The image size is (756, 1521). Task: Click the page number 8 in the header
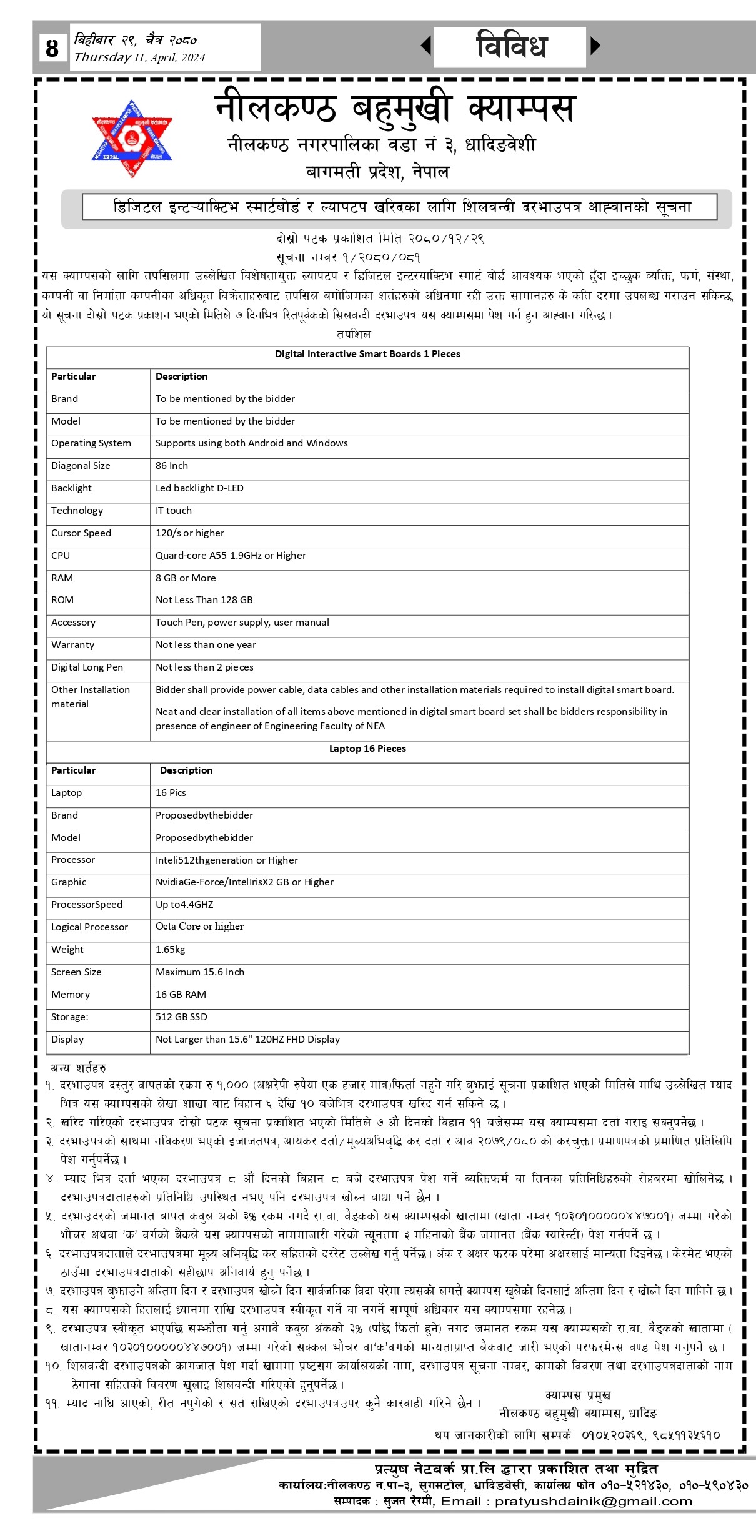click(52, 48)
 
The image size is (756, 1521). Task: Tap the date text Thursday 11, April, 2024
click(139, 57)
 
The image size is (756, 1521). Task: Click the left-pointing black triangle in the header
click(426, 46)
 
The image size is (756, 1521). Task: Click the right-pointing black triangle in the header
click(595, 46)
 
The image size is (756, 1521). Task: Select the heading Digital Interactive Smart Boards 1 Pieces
click(367, 354)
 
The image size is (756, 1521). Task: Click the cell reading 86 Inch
click(172, 466)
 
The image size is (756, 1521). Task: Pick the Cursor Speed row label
click(81, 533)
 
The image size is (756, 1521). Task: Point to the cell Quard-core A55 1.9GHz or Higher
click(231, 556)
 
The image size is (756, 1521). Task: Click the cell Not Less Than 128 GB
click(204, 600)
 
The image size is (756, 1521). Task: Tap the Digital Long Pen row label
click(87, 667)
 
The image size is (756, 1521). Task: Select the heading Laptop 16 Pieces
click(367, 749)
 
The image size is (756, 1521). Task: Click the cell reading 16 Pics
click(171, 793)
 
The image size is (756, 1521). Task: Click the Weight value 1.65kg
click(171, 950)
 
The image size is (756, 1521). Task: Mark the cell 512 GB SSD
click(181, 1017)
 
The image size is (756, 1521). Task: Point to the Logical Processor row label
click(89, 927)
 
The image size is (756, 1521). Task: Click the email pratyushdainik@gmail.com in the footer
click(594, 1502)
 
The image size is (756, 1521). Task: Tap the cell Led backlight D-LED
click(199, 488)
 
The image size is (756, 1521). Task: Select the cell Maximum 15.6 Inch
click(200, 972)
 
